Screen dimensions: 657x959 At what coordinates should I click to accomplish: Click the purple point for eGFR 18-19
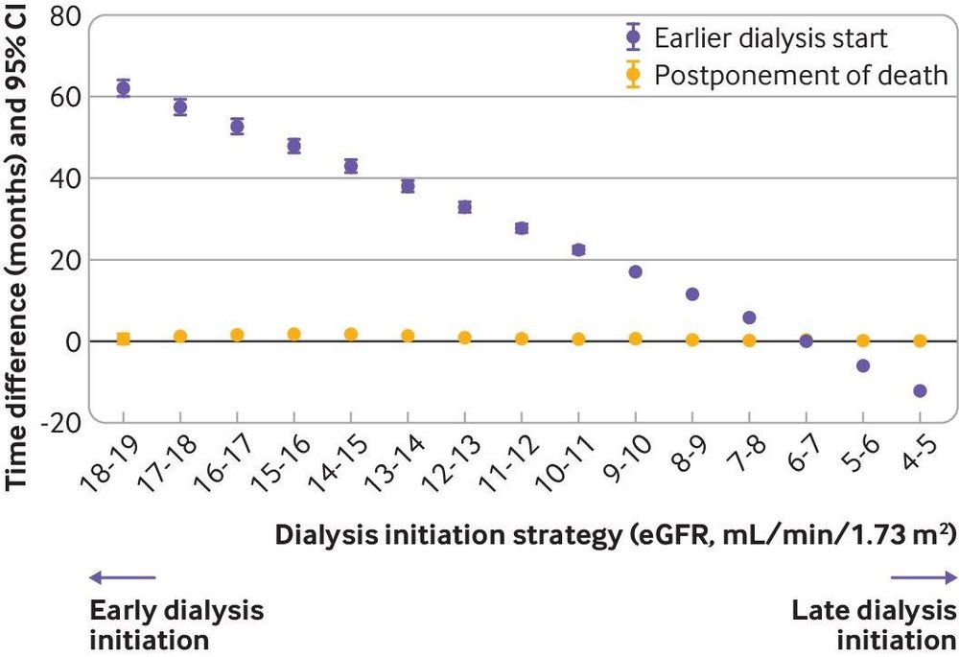point(123,88)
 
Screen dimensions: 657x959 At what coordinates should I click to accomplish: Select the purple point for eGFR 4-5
point(920,390)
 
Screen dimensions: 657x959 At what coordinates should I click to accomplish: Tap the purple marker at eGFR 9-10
point(635,271)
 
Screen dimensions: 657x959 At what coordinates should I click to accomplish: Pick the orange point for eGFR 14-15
point(351,334)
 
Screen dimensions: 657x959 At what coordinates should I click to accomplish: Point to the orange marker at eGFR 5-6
point(863,340)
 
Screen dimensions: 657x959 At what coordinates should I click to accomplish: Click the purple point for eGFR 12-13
point(464,206)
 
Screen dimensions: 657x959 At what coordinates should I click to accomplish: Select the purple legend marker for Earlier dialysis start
point(631,39)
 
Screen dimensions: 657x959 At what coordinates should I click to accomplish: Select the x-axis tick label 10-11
point(565,463)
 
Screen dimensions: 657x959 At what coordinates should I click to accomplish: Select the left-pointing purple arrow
point(122,576)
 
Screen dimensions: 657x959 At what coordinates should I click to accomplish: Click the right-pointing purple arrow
point(924,576)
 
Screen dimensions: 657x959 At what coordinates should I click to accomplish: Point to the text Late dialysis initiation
point(873,624)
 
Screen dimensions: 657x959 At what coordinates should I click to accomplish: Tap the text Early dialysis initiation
point(175,624)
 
